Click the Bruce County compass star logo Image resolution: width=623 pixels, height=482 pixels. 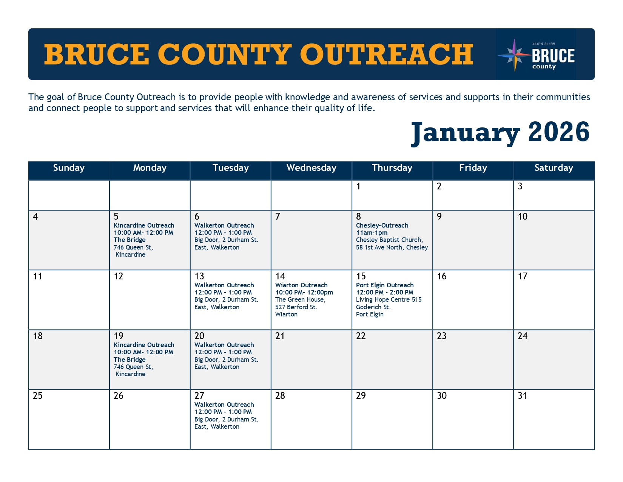point(514,55)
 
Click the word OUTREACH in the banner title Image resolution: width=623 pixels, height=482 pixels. point(387,54)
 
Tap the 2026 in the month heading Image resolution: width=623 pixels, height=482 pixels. point(558,132)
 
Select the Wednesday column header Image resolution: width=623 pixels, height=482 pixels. point(311,167)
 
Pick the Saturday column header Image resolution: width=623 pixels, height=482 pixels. point(554,167)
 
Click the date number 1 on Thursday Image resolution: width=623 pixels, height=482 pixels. point(358,186)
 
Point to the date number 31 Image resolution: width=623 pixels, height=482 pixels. point(522,395)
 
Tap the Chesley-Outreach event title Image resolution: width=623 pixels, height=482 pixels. point(382,225)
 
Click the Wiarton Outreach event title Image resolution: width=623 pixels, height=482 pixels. point(301,285)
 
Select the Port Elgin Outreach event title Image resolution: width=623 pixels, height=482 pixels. point(385,285)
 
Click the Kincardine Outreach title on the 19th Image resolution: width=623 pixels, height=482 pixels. point(144,345)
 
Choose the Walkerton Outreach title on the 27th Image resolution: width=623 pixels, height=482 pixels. point(224,405)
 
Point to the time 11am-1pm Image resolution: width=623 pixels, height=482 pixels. point(372,233)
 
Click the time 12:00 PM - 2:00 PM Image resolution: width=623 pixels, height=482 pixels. point(385,293)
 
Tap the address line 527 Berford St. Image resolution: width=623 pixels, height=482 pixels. point(296,307)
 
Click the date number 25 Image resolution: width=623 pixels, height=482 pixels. point(37,395)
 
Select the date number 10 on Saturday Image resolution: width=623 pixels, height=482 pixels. point(522,217)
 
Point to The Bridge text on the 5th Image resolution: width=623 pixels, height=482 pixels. point(130,240)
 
